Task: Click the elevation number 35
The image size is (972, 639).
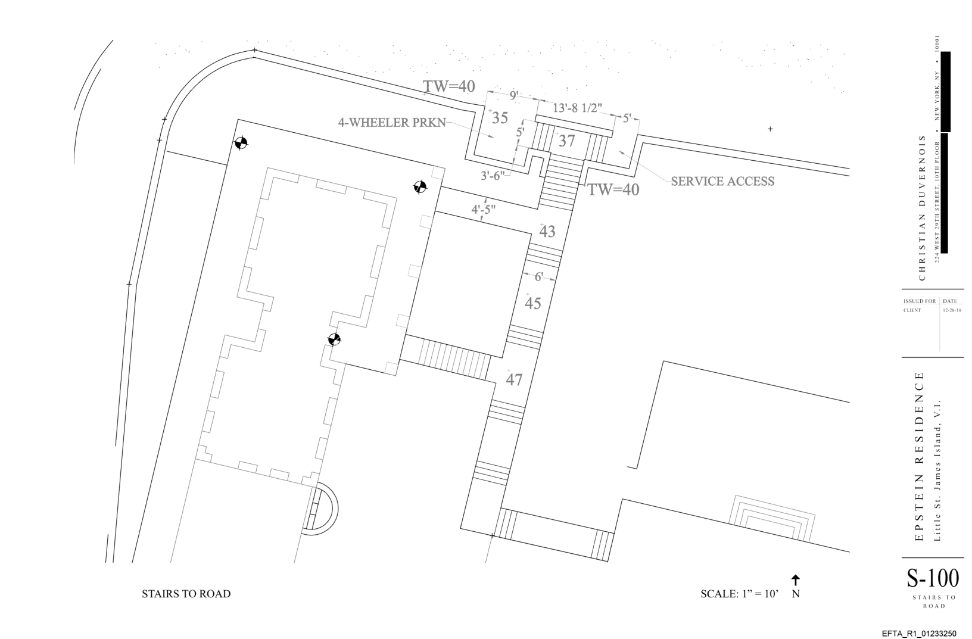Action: tap(500, 118)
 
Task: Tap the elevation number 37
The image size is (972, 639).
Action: tap(566, 141)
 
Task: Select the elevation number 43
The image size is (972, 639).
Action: tap(547, 232)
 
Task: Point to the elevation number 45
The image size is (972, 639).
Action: tap(532, 303)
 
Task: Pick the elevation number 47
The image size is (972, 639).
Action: tap(514, 379)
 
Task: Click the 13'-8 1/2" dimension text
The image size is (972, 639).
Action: tap(577, 108)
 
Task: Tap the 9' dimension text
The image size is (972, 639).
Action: tap(515, 94)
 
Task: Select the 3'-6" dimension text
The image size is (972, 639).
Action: tap(493, 175)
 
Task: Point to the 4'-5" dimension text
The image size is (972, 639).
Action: tap(483, 210)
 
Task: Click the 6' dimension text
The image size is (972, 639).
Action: tap(538, 277)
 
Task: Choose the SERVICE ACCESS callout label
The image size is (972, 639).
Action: tap(722, 181)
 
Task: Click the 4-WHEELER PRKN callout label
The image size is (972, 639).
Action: tap(392, 123)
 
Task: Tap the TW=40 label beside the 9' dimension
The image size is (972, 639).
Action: tap(449, 87)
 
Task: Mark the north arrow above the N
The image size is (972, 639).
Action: tap(796, 580)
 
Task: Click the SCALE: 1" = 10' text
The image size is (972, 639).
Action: tap(739, 594)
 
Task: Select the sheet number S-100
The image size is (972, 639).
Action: tap(933, 578)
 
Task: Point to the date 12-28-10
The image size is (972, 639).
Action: tap(952, 310)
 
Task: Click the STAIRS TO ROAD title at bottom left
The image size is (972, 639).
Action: tap(186, 594)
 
